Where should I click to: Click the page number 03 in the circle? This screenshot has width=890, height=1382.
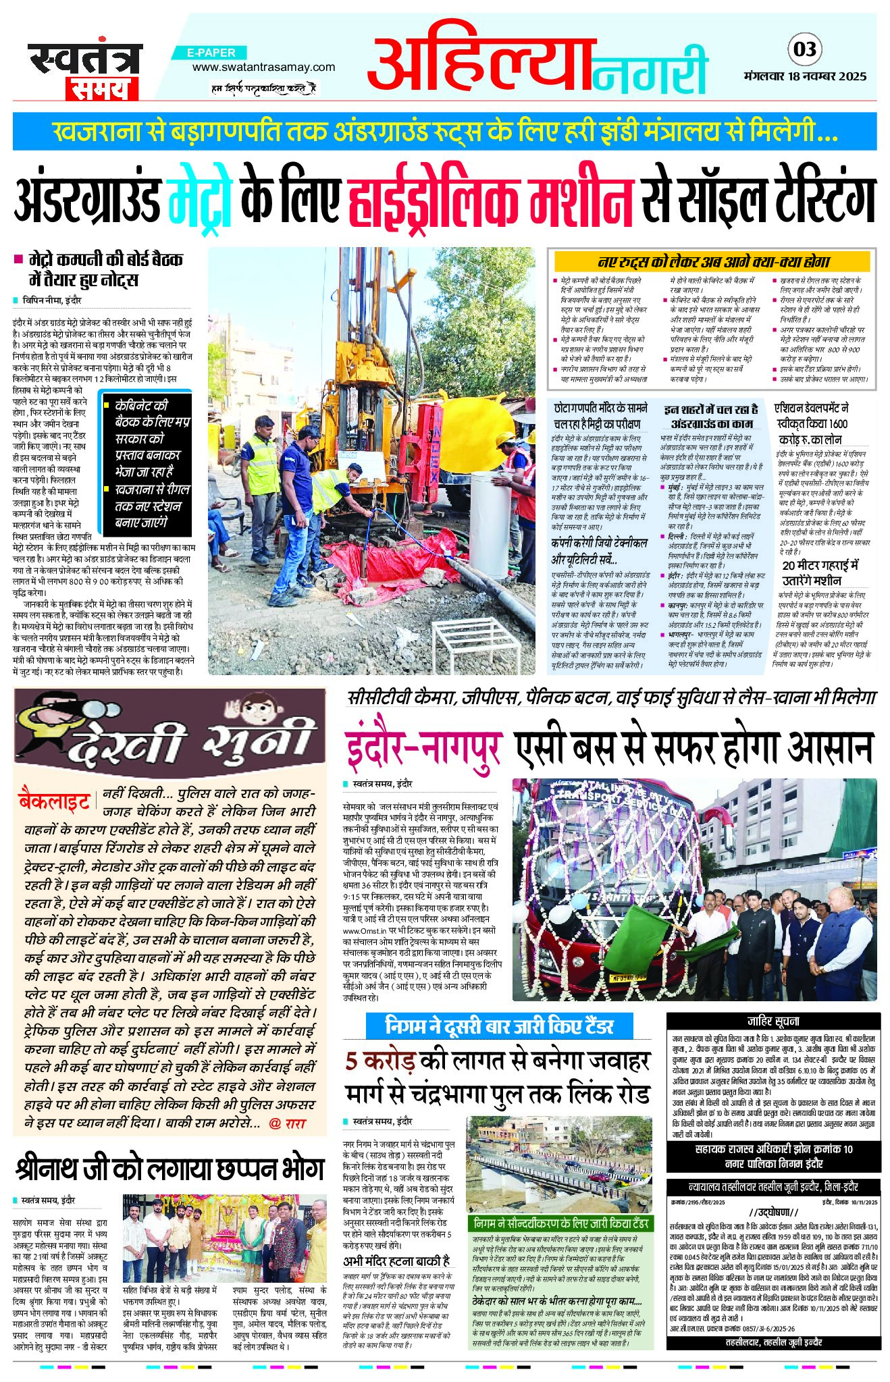[804, 49]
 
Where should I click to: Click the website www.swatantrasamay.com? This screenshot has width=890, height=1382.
[263, 67]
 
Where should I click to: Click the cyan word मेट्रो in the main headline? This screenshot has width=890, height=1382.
[199, 200]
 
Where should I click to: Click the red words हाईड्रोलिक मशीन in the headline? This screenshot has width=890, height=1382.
[491, 200]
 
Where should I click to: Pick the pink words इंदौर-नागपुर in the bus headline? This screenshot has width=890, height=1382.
[424, 747]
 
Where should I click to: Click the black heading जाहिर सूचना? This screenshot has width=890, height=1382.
[773, 1021]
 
